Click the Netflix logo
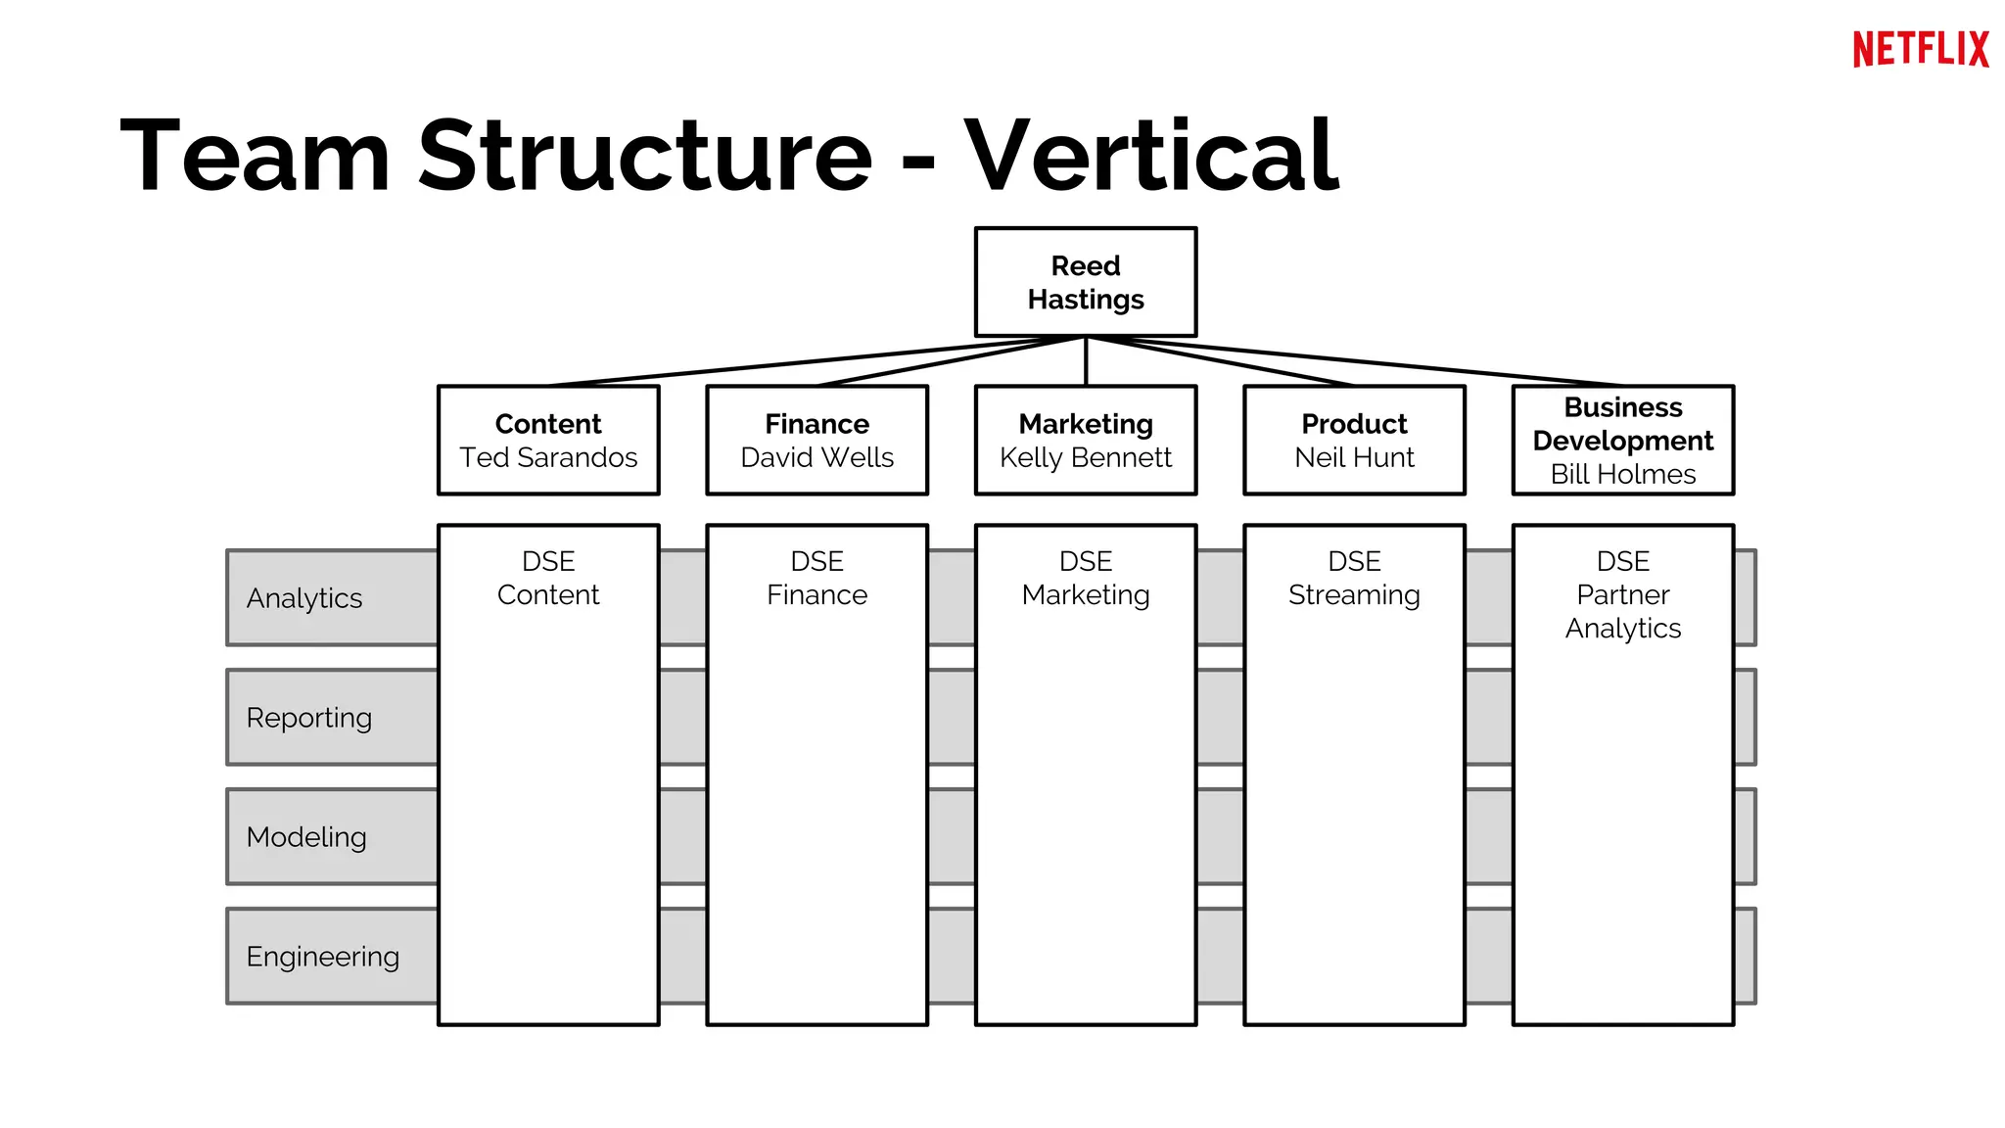1920,49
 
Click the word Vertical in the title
1151,155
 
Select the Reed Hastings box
1085,282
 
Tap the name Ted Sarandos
548,457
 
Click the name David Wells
816,457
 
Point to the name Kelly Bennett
1085,457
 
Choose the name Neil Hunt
1354,457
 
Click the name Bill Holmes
1622,474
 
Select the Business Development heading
1622,424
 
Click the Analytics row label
304,598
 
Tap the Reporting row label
309,718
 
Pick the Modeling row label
306,837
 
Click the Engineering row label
323,957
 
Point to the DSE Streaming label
1354,579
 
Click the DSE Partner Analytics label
1622,594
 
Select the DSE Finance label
816,579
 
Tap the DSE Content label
548,579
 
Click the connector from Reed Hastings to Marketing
1086,361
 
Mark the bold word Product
1354,424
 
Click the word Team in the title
256,155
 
